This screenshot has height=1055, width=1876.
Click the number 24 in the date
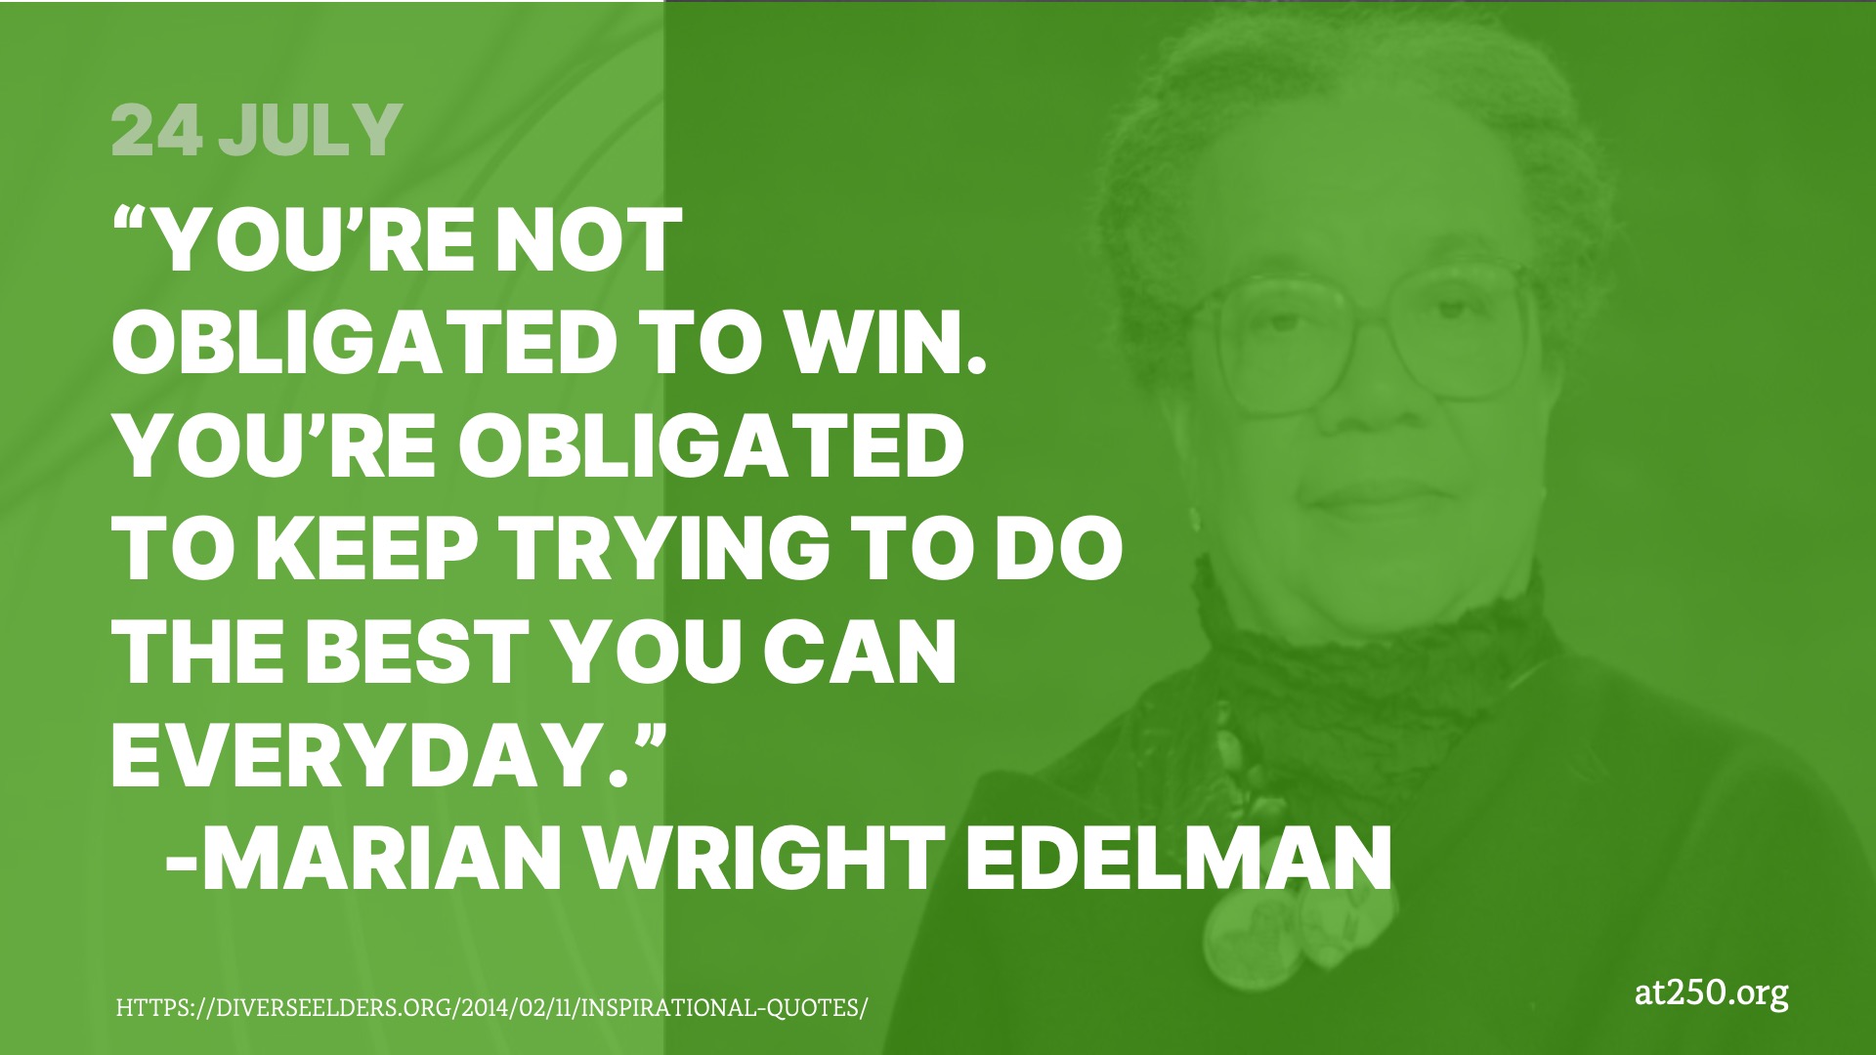click(x=158, y=130)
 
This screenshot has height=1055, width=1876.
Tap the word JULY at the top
click(x=310, y=130)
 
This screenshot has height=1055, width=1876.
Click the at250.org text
click(x=1711, y=995)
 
